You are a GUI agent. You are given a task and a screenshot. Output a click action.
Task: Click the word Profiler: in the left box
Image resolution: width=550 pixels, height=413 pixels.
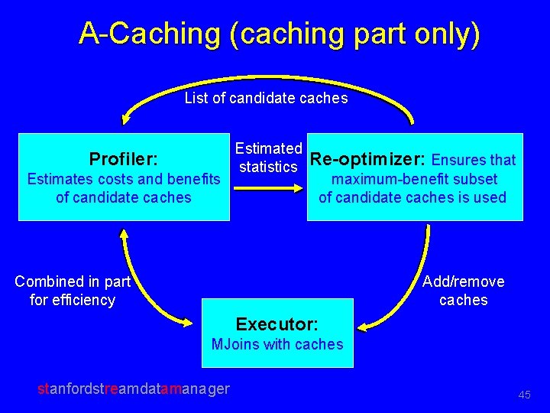pos(124,159)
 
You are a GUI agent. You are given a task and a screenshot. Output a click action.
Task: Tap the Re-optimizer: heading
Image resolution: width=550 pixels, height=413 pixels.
pos(368,159)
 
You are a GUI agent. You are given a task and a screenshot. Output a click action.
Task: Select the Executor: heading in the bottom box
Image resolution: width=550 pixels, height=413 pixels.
pos(277,324)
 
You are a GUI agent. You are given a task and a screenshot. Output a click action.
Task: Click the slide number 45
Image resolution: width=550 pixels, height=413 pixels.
pos(524,395)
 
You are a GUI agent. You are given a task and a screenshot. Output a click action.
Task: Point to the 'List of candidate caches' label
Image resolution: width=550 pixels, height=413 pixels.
pos(266,98)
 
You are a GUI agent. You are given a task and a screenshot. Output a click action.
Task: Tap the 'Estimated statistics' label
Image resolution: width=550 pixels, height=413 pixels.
pos(268,157)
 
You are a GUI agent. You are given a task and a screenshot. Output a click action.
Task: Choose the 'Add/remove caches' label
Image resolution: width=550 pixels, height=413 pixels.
pos(464,291)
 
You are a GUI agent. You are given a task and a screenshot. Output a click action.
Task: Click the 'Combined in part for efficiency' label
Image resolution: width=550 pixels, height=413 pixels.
pos(73,291)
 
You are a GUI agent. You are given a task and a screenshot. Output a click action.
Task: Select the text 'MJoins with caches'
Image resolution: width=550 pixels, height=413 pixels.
pos(277,344)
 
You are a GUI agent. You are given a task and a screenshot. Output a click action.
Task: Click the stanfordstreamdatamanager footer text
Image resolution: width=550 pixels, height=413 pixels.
pos(134,389)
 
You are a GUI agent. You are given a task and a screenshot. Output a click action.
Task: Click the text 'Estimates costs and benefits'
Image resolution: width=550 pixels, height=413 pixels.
pos(124,179)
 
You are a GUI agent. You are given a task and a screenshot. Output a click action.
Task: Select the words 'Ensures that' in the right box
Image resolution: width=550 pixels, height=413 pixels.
pos(474,160)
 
